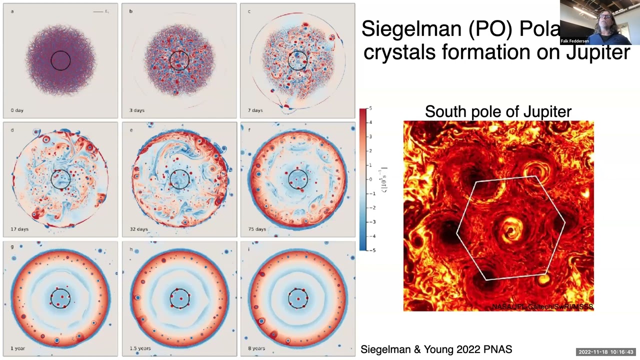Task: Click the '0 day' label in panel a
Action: (x=17, y=110)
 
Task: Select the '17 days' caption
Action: (x=19, y=229)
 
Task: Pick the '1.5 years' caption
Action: (x=140, y=348)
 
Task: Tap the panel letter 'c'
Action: (x=249, y=11)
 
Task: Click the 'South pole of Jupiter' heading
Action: (x=498, y=111)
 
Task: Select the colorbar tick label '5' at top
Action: (x=370, y=108)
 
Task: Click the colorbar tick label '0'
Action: (x=370, y=179)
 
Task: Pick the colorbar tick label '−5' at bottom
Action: (x=371, y=250)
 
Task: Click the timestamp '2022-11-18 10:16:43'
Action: (x=606, y=352)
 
